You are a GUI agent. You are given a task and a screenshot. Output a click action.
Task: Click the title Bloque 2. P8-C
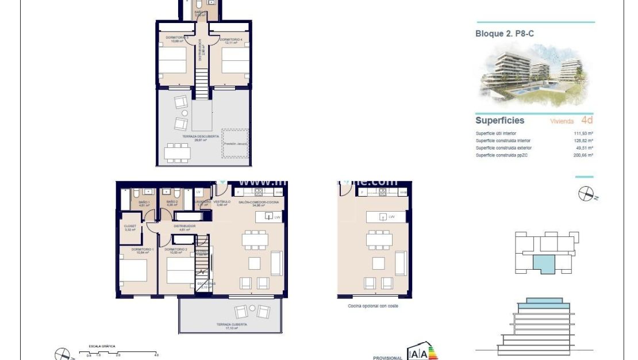(504, 34)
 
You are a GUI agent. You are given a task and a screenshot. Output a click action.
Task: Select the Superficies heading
(499, 120)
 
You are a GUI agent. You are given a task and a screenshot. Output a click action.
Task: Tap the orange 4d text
(586, 120)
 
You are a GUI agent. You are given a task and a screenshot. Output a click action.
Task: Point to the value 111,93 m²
(583, 133)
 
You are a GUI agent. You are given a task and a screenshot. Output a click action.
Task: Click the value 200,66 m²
(583, 155)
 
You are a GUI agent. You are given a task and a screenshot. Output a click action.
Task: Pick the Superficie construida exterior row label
(503, 148)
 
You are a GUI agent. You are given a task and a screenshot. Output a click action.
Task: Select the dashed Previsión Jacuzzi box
(236, 144)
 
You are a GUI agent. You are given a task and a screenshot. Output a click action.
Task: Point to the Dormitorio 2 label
(175, 250)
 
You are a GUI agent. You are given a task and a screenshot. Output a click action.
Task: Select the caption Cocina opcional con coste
(372, 306)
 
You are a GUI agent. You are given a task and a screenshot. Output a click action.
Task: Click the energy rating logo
(422, 353)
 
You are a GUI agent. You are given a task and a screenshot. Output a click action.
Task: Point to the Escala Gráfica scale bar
(122, 352)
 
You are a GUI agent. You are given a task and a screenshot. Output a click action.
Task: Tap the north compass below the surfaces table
(586, 194)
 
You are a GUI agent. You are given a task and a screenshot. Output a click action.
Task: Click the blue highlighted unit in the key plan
(544, 264)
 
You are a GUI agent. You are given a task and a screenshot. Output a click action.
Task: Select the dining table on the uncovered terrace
(178, 153)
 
